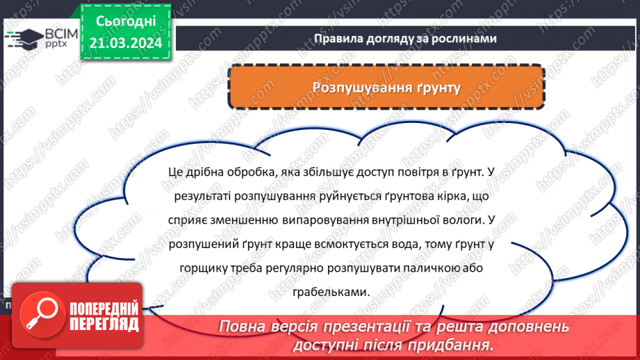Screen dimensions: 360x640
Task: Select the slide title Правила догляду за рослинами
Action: pos(404,39)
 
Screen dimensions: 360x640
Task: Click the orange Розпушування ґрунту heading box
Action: pos(386,88)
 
